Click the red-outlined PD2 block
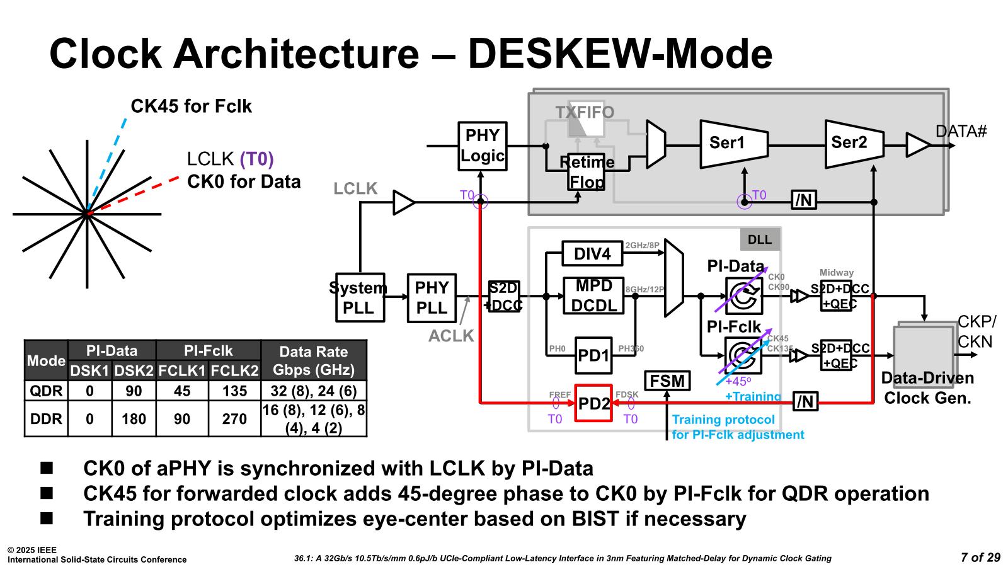(593, 403)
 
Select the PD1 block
(593, 355)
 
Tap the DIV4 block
(592, 254)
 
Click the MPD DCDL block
(593, 295)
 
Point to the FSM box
(667, 381)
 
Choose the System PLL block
(359, 297)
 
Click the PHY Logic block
(482, 146)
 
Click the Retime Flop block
(587, 172)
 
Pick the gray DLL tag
(760, 240)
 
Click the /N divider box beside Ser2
(804, 200)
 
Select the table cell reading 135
(234, 391)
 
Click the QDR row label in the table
(46, 391)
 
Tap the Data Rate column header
(313, 360)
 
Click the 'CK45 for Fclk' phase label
(191, 106)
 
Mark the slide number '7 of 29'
(980, 558)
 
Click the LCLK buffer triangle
(403, 203)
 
